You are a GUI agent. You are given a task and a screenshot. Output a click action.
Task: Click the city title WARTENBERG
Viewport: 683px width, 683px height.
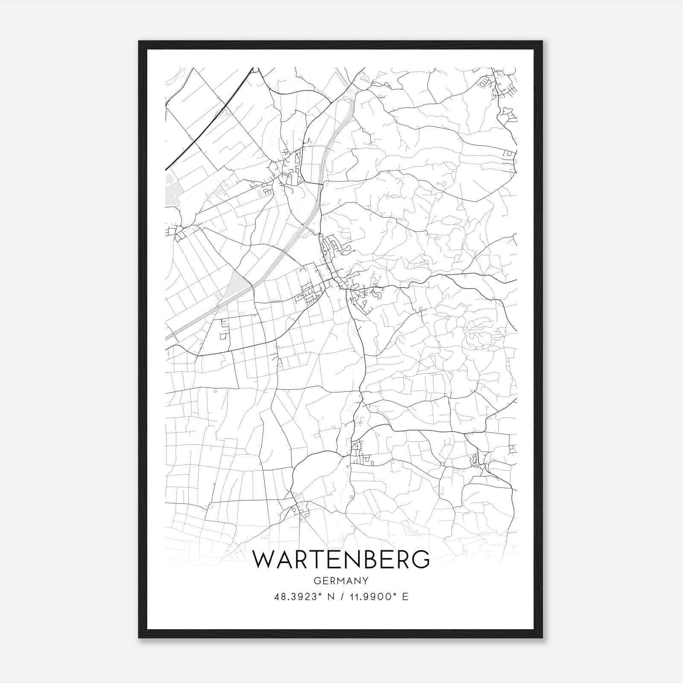tap(341, 559)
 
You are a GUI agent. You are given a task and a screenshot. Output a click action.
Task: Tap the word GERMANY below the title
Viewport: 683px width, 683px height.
tap(341, 581)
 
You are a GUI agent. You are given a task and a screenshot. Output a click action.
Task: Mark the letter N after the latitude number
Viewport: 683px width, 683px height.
tap(330, 597)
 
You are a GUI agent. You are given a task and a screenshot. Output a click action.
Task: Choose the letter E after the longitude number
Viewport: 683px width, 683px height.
tap(406, 597)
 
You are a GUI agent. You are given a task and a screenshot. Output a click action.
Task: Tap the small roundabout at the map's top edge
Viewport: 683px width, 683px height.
tap(256, 69)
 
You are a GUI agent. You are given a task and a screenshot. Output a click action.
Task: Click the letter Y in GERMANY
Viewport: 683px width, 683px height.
tap(365, 581)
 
